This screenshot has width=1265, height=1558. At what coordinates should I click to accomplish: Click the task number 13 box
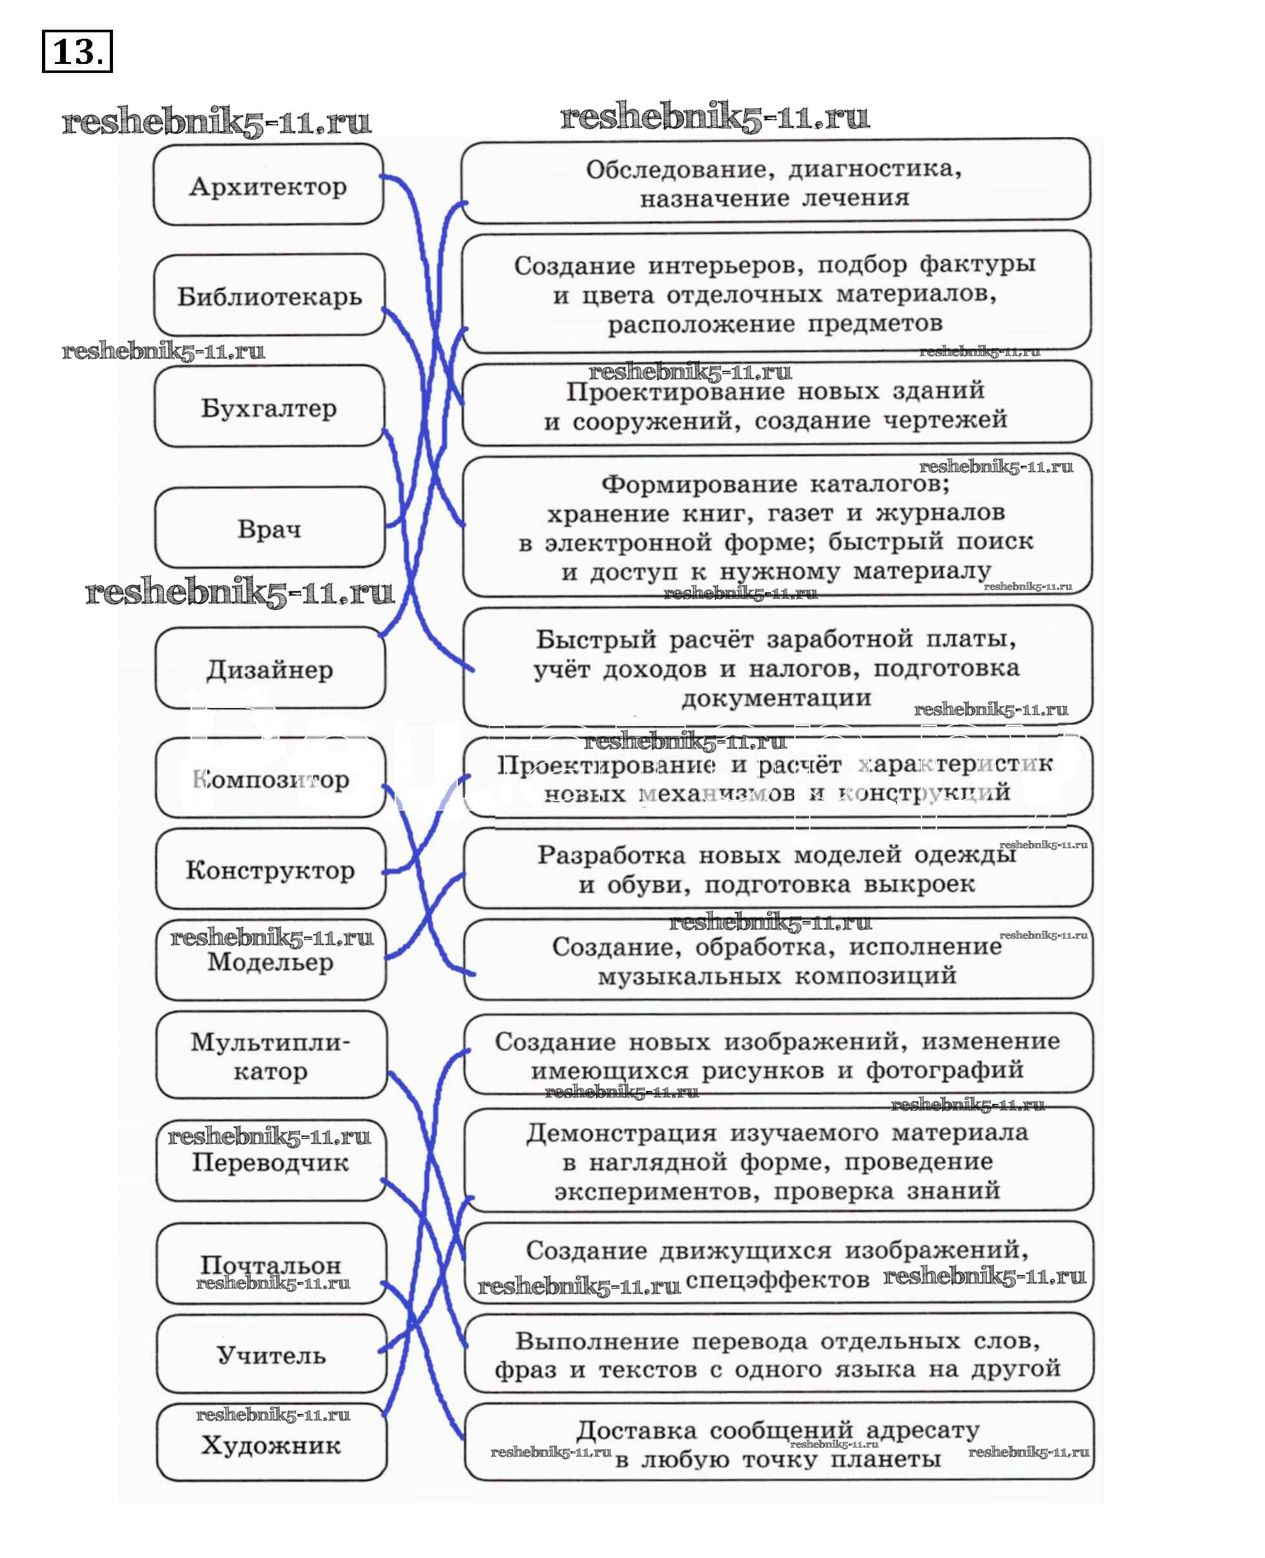coord(77,51)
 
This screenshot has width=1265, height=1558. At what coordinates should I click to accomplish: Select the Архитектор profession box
coord(268,185)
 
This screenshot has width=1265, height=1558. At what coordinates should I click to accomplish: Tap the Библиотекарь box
coord(269,296)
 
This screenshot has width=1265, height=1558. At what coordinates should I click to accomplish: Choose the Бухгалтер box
coord(269,407)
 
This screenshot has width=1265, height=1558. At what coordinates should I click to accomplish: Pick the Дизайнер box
coord(270,669)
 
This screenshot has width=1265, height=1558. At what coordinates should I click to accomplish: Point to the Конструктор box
coord(271,869)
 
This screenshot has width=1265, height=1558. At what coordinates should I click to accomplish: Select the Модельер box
coord(271,961)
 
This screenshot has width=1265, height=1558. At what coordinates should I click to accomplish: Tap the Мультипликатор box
coord(271,1056)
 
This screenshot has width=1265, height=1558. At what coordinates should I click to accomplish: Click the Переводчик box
coord(271,1161)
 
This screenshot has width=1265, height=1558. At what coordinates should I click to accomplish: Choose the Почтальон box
coord(271,1263)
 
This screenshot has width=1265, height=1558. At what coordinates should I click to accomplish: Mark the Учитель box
coord(271,1355)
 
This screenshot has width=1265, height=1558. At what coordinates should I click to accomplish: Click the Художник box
coord(271,1444)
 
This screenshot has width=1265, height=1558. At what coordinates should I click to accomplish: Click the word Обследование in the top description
coord(676,169)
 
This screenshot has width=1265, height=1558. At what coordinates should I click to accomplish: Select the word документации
coord(776,698)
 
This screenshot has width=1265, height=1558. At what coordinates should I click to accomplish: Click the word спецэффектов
coord(777,1280)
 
